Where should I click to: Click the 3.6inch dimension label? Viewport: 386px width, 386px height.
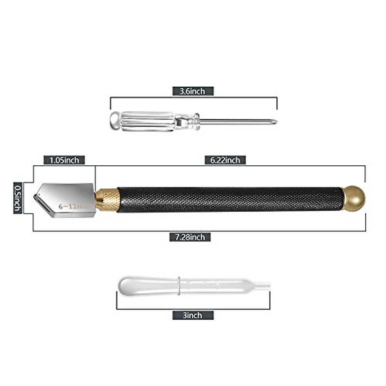coord(193,91)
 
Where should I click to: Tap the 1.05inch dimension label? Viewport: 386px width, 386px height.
coord(64,160)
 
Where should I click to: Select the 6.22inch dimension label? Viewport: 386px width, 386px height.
coord(225,160)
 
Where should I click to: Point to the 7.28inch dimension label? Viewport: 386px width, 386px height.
coord(190,237)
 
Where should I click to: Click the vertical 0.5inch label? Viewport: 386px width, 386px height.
coord(18,198)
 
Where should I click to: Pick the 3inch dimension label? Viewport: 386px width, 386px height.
coord(193,315)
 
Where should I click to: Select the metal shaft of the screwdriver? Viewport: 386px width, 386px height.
coord(235,122)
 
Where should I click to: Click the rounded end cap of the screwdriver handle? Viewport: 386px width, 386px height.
coord(115,121)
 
